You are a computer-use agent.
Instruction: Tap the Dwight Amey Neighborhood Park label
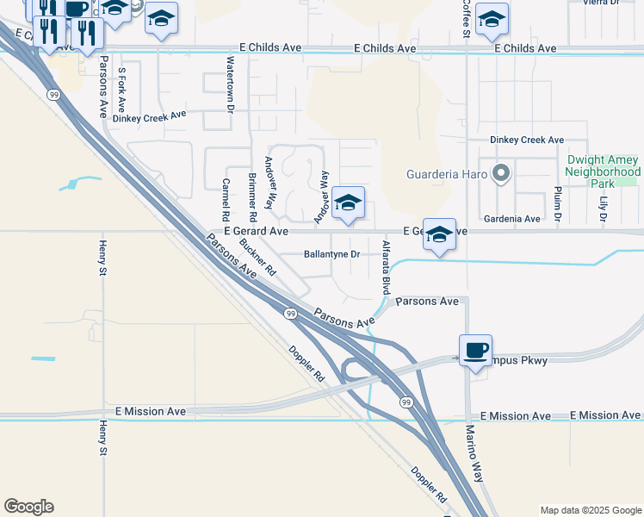coord(604,171)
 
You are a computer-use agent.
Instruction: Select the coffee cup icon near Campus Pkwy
coord(475,351)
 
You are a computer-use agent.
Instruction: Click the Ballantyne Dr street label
coord(331,254)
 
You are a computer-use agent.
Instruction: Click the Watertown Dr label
coord(230,84)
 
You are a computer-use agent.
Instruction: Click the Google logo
coord(28,507)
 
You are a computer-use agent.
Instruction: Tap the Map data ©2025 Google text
coord(590,510)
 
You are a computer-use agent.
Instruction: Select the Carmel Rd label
coord(226,198)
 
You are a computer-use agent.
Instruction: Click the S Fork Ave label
coord(122,90)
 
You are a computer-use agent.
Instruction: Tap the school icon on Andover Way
coord(348,203)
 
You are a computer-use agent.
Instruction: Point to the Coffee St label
coord(466,19)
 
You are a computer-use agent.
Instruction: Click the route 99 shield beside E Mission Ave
coord(405,402)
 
